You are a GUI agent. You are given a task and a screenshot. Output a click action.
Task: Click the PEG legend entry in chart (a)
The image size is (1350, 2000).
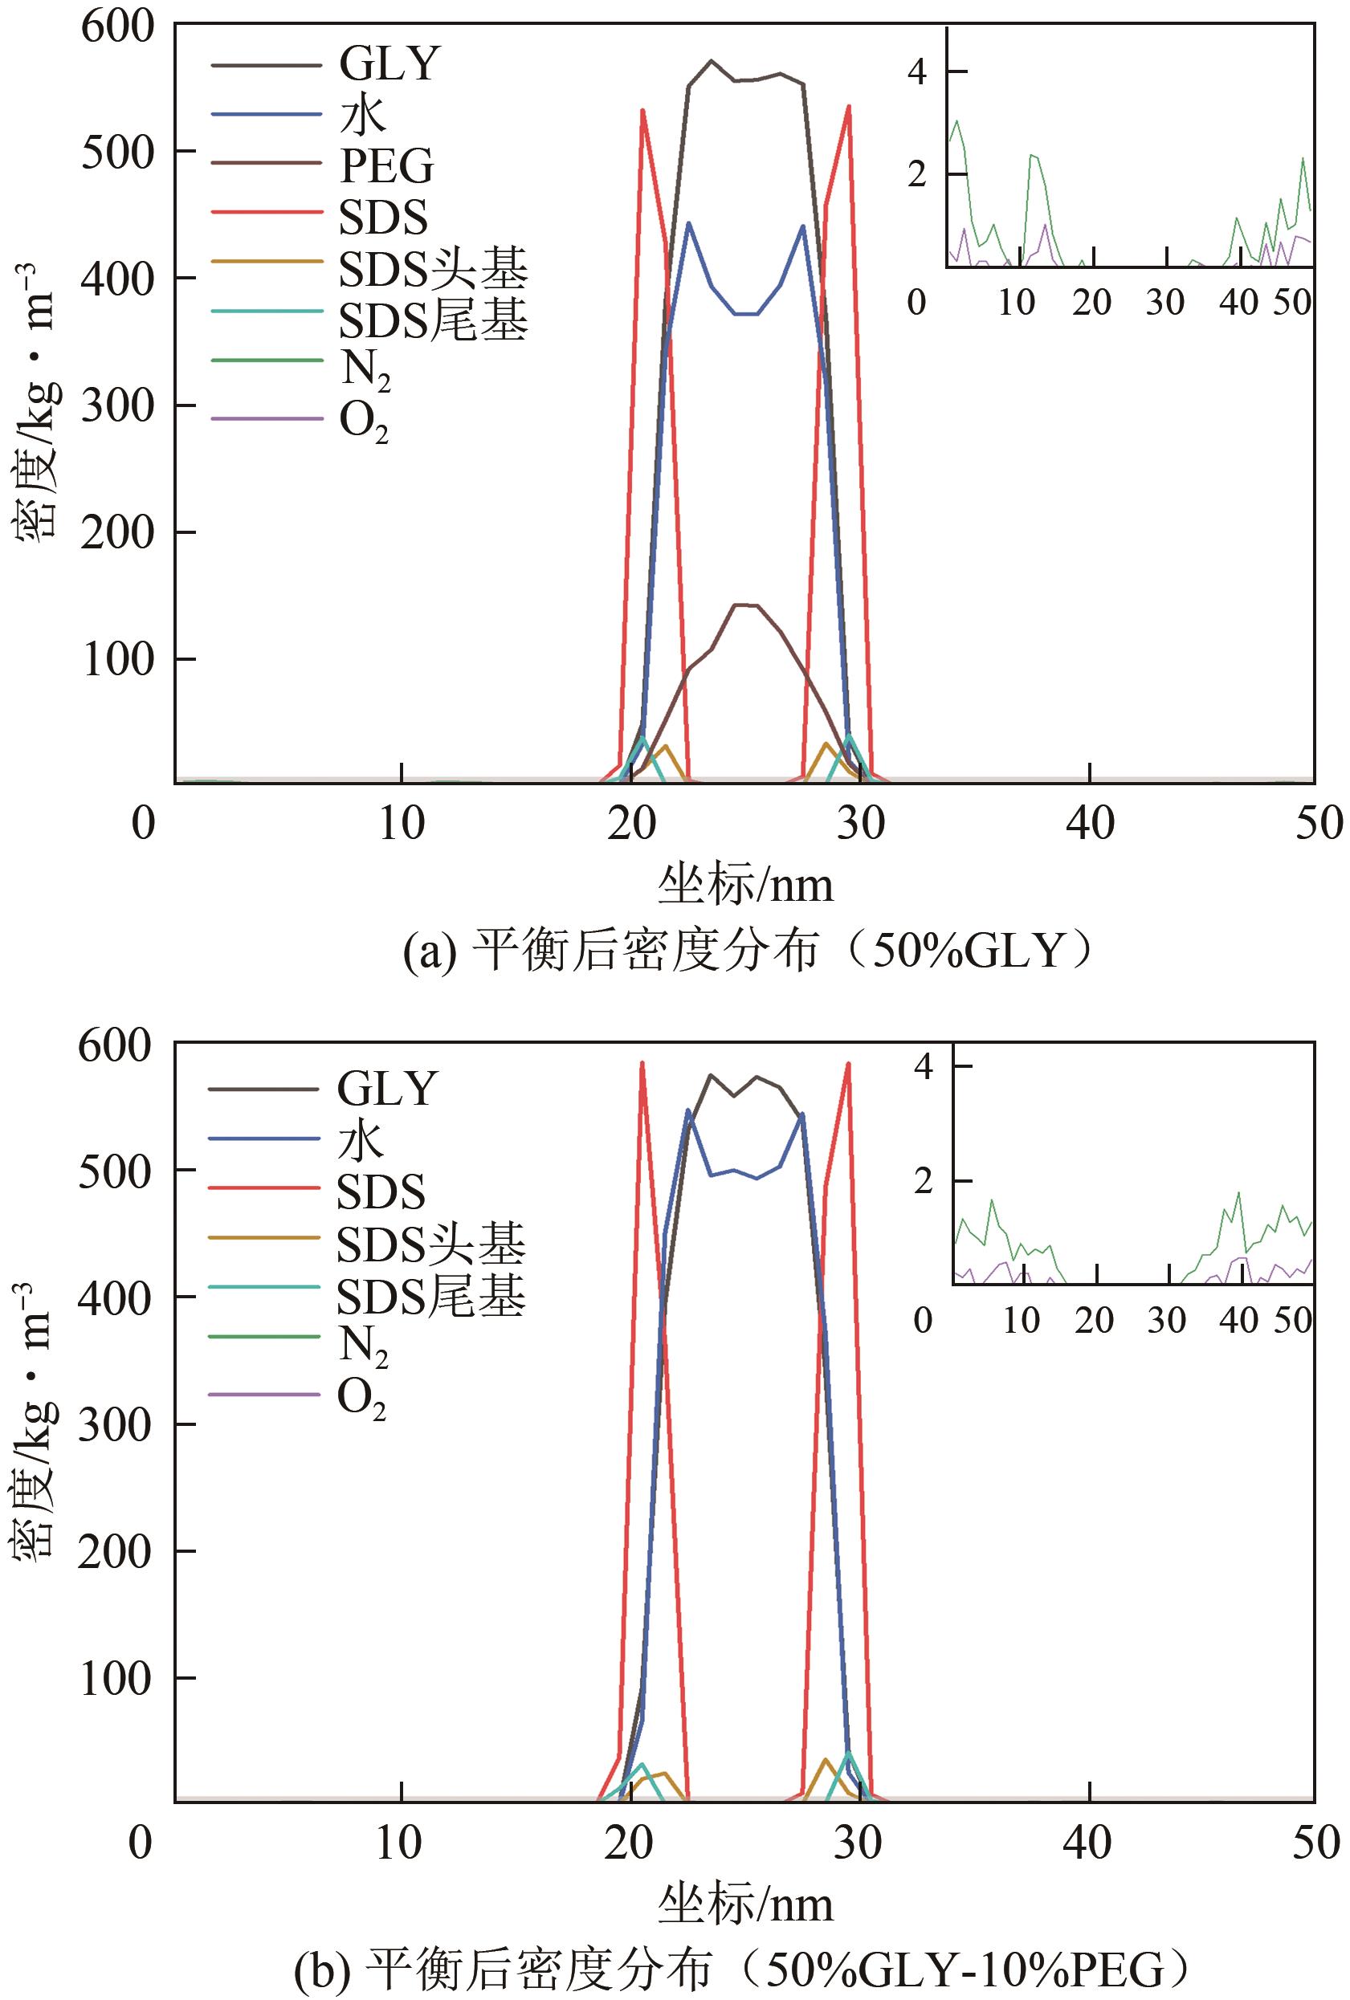pyautogui.click(x=386, y=166)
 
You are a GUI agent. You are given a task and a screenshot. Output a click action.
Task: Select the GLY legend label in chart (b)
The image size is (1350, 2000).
pyautogui.click(x=386, y=1090)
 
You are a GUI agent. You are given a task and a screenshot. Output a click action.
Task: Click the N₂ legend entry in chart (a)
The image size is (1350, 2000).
pyautogui.click(x=365, y=369)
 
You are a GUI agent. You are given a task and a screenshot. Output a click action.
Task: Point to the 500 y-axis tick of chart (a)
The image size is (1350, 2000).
pyautogui.click(x=117, y=153)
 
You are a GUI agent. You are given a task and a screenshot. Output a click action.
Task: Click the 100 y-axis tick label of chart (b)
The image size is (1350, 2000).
pyautogui.click(x=116, y=1679)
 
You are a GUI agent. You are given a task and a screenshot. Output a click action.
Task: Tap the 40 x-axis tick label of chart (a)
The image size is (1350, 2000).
pyautogui.click(x=1090, y=824)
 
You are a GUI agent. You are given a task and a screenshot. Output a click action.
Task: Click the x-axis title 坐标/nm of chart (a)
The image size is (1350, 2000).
pyautogui.click(x=745, y=885)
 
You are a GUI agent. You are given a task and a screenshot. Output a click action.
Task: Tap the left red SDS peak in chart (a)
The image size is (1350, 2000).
pyautogui.click(x=642, y=110)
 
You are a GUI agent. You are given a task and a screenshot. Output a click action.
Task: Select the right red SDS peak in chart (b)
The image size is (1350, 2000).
pyautogui.click(x=848, y=1064)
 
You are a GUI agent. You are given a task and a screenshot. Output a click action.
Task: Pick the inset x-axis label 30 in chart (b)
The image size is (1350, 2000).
pyautogui.click(x=1166, y=1319)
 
